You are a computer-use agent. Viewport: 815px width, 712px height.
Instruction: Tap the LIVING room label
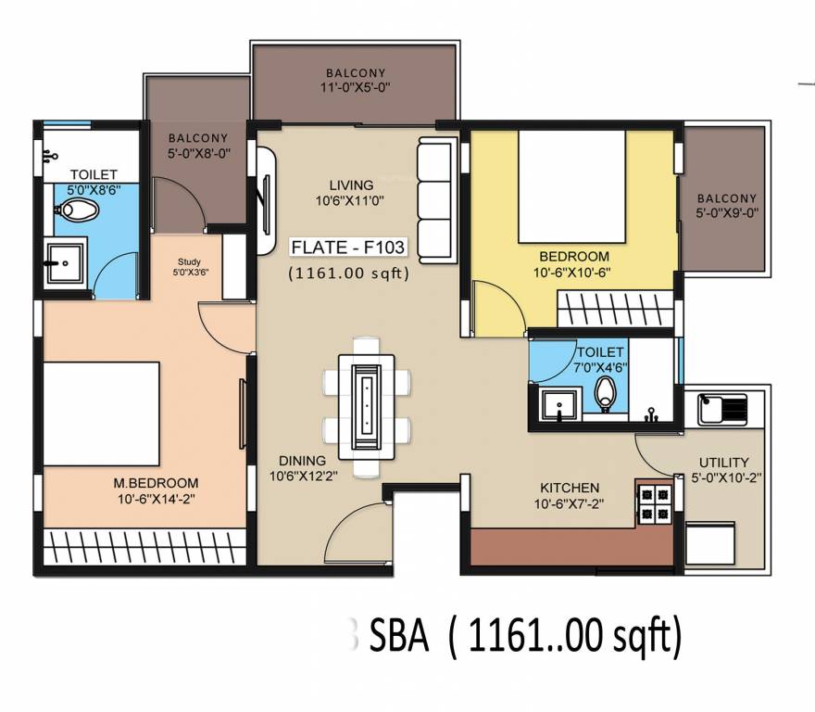tap(351, 184)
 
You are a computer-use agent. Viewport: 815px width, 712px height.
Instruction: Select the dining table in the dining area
tap(367, 405)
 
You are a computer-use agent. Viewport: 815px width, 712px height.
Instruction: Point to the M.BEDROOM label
tap(156, 483)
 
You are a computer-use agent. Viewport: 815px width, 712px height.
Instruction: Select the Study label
tap(189, 262)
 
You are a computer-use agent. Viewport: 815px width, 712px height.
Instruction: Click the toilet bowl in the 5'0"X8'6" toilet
tap(77, 212)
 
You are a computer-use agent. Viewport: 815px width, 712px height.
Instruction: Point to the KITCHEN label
tap(570, 488)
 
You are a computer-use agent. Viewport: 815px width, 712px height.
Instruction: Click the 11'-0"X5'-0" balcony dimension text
tap(356, 89)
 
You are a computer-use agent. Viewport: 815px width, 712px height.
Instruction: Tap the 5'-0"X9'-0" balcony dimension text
tap(727, 213)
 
